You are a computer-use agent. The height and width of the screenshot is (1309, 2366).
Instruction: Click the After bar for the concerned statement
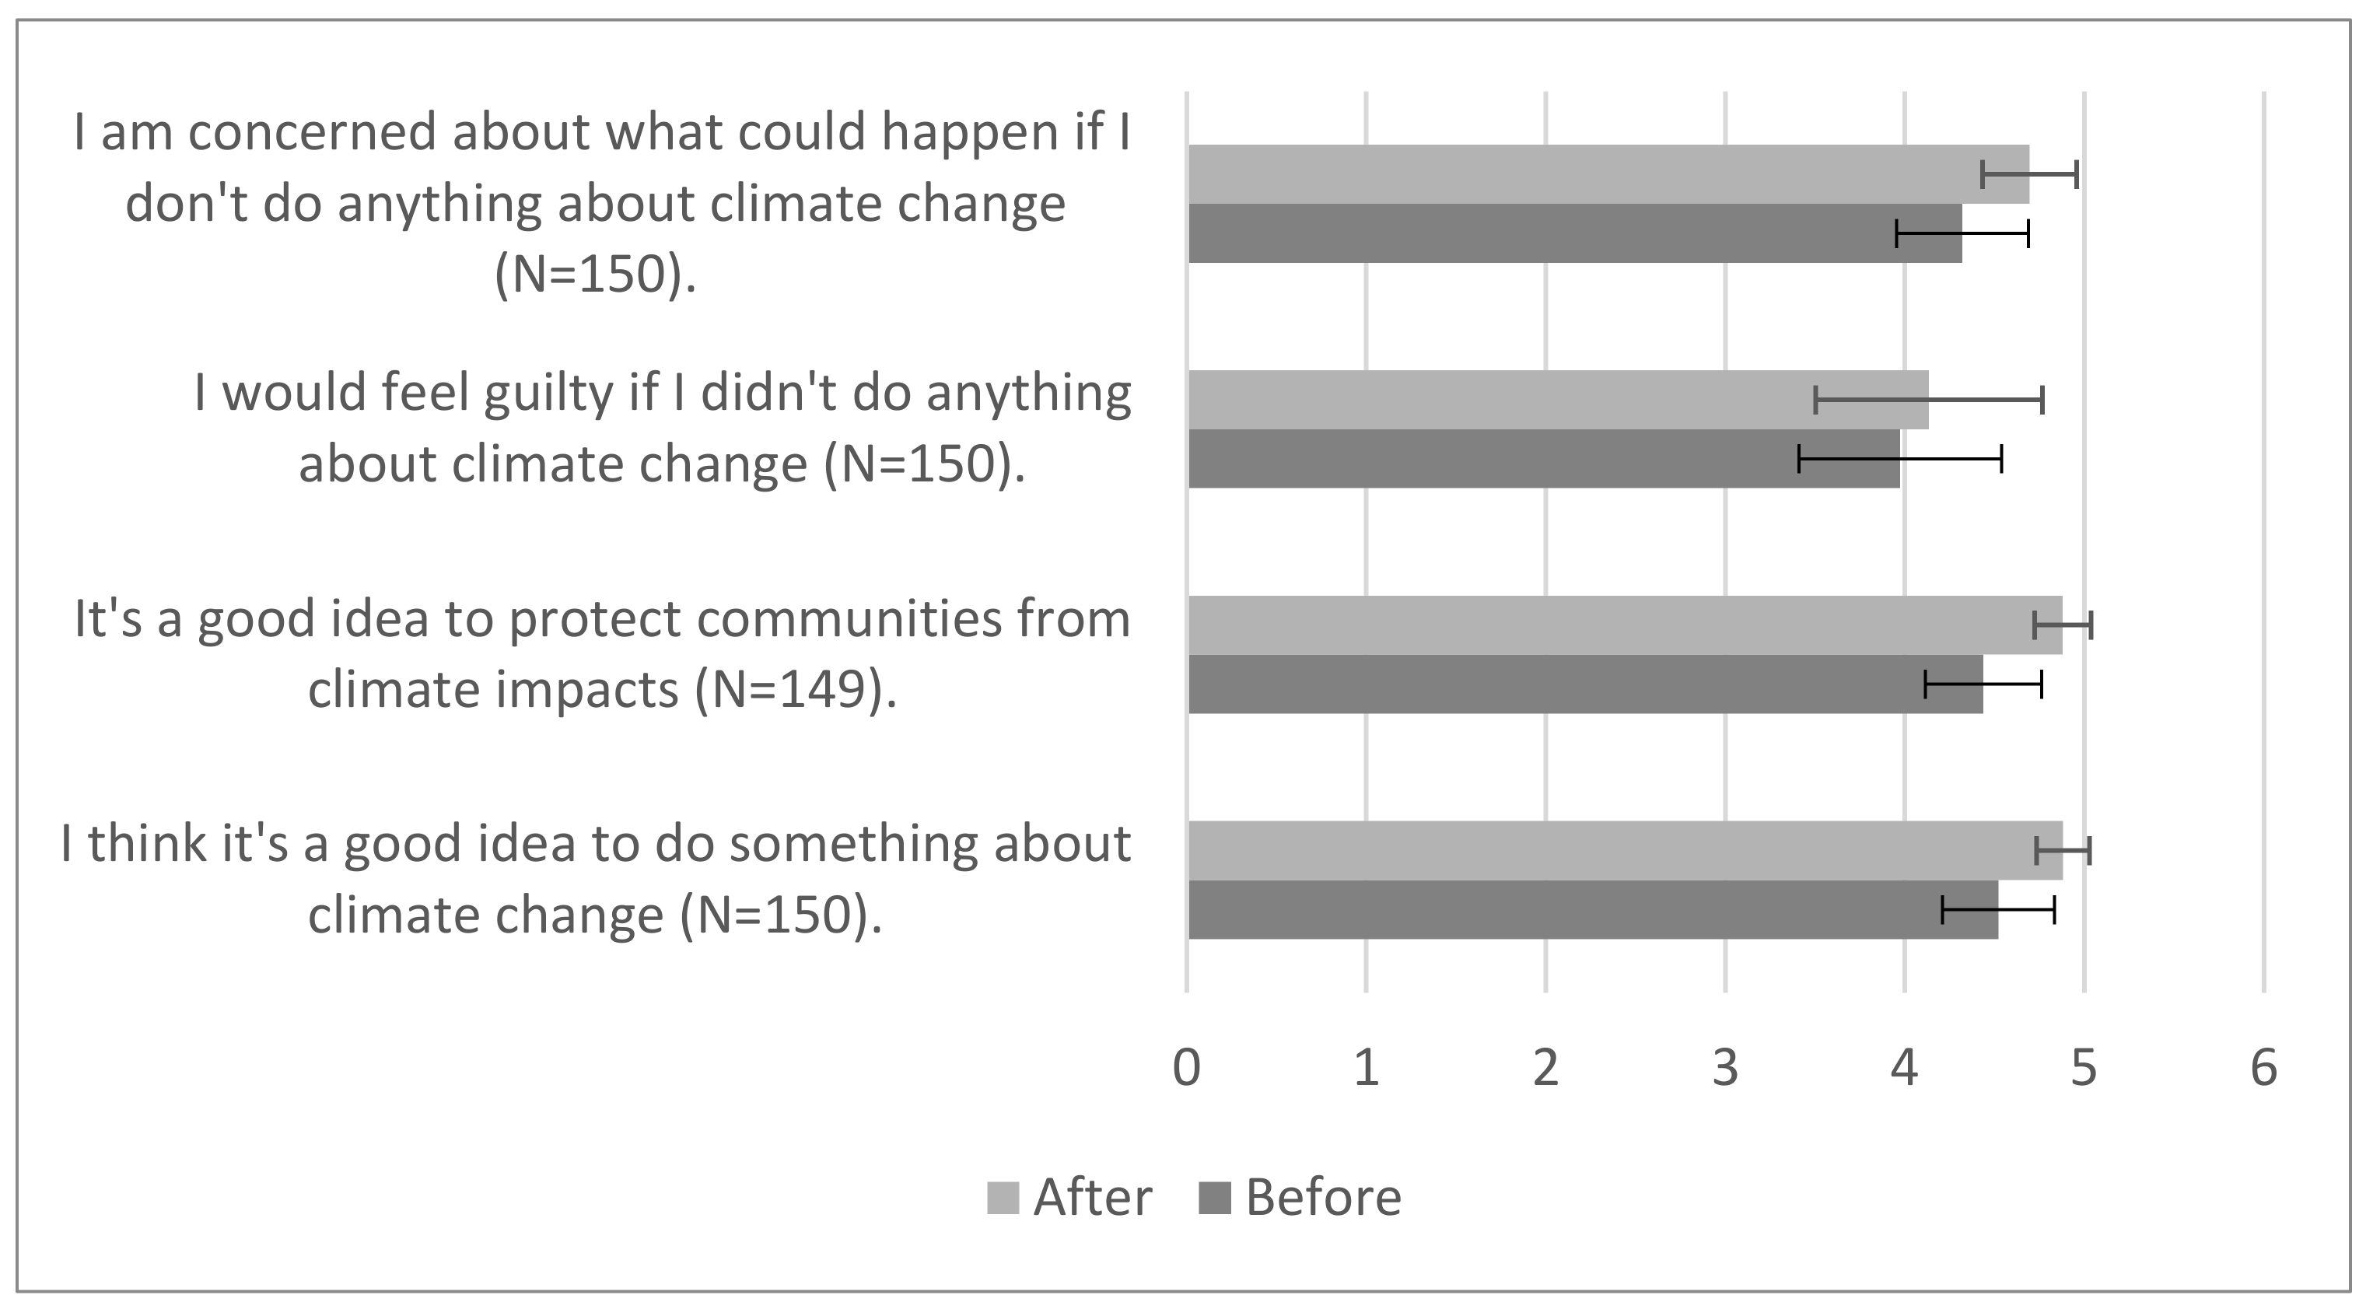pyautogui.click(x=1608, y=173)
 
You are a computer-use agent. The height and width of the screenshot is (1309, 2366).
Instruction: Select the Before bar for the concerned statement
pyautogui.click(x=1574, y=233)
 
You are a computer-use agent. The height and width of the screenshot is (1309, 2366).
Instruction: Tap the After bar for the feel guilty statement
pyautogui.click(x=1558, y=400)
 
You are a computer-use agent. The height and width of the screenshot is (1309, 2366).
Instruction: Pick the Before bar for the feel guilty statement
pyautogui.click(x=1543, y=458)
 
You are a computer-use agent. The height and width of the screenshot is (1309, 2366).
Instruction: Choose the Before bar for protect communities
pyautogui.click(x=1584, y=684)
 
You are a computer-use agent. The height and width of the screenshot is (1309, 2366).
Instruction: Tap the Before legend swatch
pyautogui.click(x=1214, y=1198)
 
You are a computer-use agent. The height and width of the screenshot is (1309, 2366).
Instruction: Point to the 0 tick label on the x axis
pyautogui.click(x=1187, y=1067)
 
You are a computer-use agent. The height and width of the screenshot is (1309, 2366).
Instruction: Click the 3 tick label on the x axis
pyautogui.click(x=1725, y=1067)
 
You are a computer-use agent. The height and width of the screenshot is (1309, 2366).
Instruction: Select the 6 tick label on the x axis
pyautogui.click(x=2263, y=1067)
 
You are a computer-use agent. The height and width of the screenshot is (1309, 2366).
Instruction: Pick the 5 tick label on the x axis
pyautogui.click(x=2084, y=1067)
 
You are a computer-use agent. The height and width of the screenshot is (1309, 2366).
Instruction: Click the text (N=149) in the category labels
pyautogui.click(x=794, y=690)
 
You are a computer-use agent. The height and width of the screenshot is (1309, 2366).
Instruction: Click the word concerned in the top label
pyautogui.click(x=313, y=132)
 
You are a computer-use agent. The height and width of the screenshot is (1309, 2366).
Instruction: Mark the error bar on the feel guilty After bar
pyautogui.click(x=1929, y=400)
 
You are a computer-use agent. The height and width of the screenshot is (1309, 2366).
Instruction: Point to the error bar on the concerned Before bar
pyautogui.click(x=1962, y=233)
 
